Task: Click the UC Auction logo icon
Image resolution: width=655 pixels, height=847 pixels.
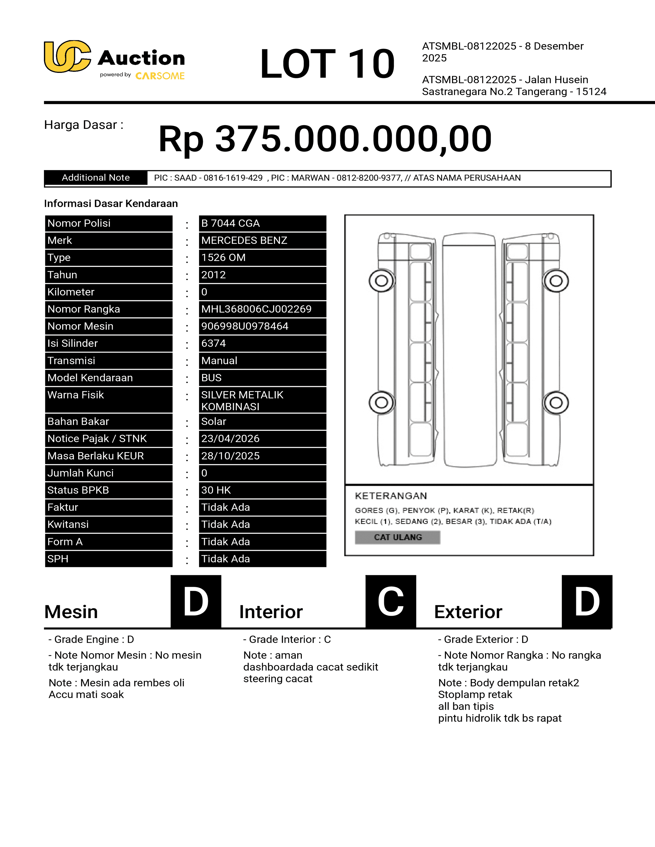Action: tap(67, 57)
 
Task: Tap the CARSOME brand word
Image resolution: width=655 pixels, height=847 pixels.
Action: tap(160, 76)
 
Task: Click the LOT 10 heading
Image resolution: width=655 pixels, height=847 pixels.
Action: tap(327, 64)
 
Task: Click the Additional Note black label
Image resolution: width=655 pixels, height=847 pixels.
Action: tap(96, 178)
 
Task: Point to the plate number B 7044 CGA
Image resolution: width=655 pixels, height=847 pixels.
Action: tap(230, 223)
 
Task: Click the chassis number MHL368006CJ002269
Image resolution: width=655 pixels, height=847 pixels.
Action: tap(256, 309)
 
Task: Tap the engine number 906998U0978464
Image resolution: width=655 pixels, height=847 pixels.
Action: tap(245, 326)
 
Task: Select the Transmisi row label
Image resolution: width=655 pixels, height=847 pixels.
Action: tap(71, 361)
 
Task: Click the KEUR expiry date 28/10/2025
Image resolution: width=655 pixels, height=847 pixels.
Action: tap(230, 456)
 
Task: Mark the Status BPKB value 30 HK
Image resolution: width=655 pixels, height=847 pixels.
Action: tap(216, 490)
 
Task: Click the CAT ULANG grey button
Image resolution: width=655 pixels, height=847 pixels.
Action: tap(397, 537)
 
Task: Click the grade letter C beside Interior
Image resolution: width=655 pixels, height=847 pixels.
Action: tap(390, 602)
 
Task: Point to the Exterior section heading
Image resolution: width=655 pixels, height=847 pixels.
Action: tap(468, 612)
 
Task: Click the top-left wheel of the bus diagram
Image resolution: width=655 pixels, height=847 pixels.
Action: tap(381, 281)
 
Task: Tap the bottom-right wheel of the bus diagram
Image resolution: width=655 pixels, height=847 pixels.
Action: tap(556, 402)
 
